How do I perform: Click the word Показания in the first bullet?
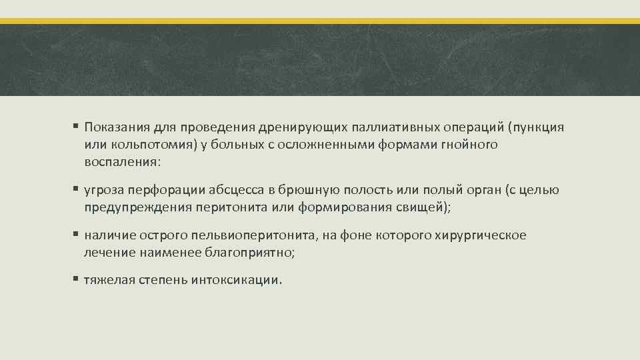click(x=114, y=128)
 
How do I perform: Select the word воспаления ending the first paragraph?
click(x=120, y=161)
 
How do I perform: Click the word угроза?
click(x=101, y=191)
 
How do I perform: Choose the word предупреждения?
click(x=139, y=207)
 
